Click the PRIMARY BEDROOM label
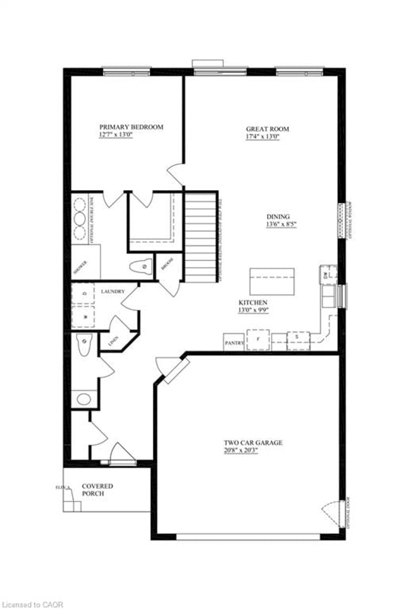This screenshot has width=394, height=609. (131, 127)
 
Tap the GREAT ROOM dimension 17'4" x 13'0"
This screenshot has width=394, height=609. (262, 137)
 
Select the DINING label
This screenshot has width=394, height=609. (278, 217)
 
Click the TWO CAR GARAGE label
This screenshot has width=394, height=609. (253, 443)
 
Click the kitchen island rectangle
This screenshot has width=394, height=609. (272, 282)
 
